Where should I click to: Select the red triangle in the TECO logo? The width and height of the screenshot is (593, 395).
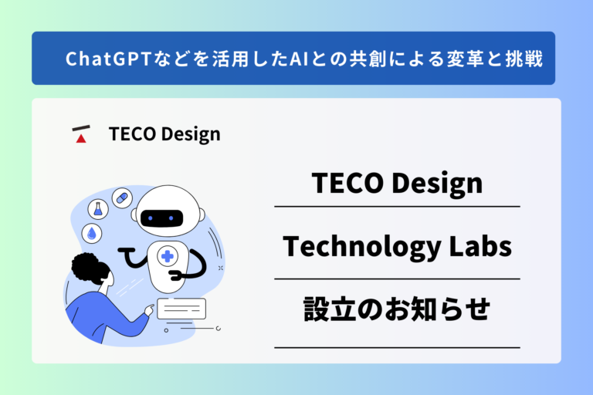tap(80, 139)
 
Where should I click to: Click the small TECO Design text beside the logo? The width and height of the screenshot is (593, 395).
tap(164, 134)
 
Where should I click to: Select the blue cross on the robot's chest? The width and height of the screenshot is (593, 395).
tap(166, 257)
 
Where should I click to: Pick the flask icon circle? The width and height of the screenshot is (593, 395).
tap(98, 208)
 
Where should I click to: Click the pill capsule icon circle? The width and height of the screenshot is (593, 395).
tap(120, 197)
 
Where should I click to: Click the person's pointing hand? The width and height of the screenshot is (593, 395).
tap(147, 310)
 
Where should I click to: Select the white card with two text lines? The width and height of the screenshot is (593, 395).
tap(181, 309)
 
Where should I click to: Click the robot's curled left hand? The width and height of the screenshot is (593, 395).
tap(126, 254)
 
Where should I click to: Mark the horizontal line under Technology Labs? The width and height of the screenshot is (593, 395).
tap(396, 279)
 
